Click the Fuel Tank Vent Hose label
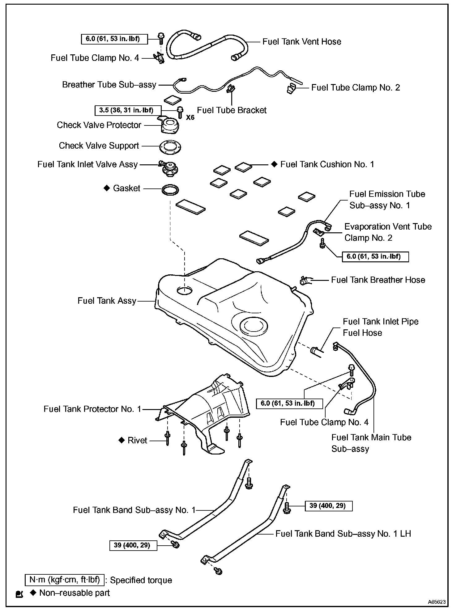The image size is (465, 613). (302, 42)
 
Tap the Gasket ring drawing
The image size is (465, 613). (170, 190)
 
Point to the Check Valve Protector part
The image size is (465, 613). (168, 125)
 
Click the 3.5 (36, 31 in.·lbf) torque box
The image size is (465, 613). (128, 110)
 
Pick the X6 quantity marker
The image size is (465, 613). (190, 118)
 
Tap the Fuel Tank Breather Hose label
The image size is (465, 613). (378, 280)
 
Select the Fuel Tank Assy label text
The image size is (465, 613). (107, 301)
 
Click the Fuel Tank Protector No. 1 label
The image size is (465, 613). (92, 409)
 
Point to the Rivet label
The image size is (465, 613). (137, 440)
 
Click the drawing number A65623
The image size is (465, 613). (437, 602)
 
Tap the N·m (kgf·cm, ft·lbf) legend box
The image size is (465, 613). (65, 580)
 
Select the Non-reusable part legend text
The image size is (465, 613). (75, 593)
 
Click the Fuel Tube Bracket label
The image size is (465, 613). (232, 110)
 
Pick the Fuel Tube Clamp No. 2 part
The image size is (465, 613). (290, 89)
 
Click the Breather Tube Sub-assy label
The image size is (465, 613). (109, 85)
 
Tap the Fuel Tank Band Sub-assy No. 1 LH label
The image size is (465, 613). (343, 534)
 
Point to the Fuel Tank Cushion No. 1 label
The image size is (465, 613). (327, 164)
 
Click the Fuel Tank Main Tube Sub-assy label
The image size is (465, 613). (371, 443)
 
